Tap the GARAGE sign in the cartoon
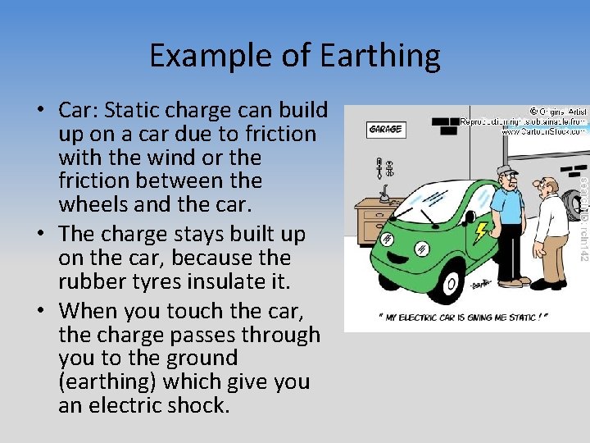[385, 129]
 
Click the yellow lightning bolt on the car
[481, 231]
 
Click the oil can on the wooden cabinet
[383, 198]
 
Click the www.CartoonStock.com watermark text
[543, 130]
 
